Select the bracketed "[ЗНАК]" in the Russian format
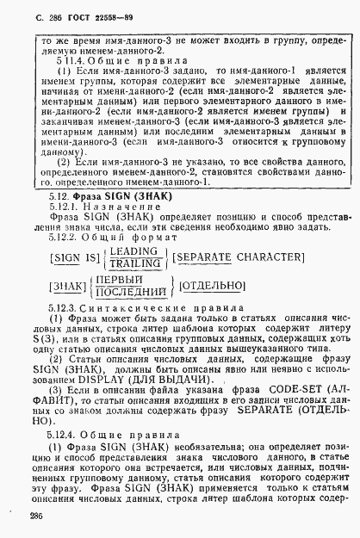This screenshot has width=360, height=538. (x=48, y=286)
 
